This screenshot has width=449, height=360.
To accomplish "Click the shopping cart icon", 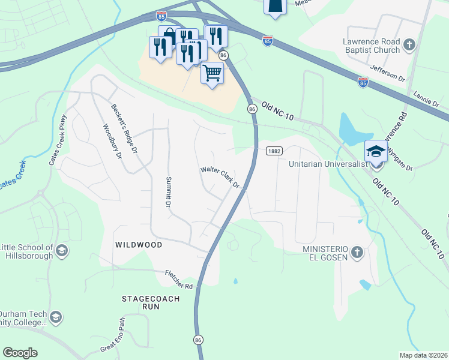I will [x=212, y=73].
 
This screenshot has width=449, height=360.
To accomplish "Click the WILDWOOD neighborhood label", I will [x=139, y=245].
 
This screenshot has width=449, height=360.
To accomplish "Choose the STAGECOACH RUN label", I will [x=142, y=302].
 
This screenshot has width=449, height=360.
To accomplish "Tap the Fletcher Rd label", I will [x=181, y=280].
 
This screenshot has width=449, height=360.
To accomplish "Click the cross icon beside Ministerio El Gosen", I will [x=357, y=252].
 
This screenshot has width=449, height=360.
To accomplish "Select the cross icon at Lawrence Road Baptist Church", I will [x=410, y=44].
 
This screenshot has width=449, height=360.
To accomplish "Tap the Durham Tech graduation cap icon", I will [x=56, y=317].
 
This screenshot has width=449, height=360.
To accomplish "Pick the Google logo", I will [x=20, y=353].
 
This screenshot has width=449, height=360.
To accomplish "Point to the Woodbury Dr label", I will [x=112, y=141].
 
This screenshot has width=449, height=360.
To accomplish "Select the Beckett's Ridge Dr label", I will [x=124, y=128].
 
